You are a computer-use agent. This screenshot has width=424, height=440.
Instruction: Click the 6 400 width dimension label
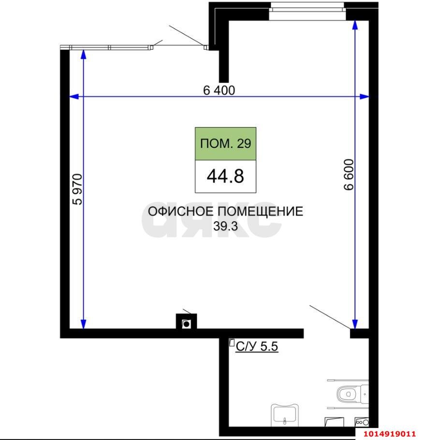click(x=219, y=90)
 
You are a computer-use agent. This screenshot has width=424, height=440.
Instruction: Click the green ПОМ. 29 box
click(x=225, y=144)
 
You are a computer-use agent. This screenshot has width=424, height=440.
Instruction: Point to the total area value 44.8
click(x=225, y=176)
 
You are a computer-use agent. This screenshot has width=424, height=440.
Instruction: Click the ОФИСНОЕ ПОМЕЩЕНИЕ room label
click(x=225, y=212)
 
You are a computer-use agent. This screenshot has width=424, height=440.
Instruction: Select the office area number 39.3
click(x=226, y=226)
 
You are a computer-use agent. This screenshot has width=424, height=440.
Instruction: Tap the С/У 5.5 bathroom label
click(x=257, y=346)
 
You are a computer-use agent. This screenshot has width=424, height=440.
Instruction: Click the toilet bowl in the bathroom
click(x=348, y=394)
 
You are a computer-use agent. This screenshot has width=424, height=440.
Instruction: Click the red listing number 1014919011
click(x=390, y=433)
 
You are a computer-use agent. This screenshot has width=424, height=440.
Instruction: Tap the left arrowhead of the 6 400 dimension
click(x=74, y=97)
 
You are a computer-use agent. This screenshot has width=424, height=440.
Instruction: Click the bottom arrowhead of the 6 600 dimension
click(x=355, y=324)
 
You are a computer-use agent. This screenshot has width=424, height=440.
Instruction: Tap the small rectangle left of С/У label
click(x=231, y=343)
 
